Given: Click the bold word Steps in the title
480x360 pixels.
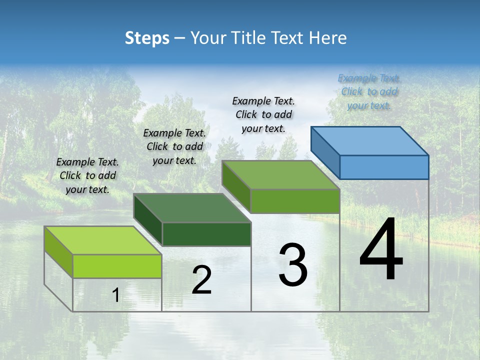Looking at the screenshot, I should point(147,38).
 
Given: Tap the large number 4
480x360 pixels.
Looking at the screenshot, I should point(381,251).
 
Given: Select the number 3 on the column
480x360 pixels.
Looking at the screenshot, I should point(293,265).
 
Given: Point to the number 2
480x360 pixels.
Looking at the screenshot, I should point(201,280).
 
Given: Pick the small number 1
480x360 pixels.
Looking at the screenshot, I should point(115,295).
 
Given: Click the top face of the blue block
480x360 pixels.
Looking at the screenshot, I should point(369,140).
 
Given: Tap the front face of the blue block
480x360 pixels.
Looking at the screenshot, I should point(384,167).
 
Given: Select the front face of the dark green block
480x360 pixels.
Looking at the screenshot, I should point(206,234).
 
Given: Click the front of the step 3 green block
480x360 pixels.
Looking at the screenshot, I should point(295,201).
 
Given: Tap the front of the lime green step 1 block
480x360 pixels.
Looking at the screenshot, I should point(117,266).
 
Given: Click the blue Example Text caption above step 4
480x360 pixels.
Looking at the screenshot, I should point(369,91).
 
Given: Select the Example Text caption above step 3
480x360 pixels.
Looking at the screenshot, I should point(263,114).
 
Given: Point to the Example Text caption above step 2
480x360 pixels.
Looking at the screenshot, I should point(174,146).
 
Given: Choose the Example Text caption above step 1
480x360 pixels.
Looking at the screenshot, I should point(87,175).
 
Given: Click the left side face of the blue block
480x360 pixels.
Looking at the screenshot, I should point(325,152).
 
